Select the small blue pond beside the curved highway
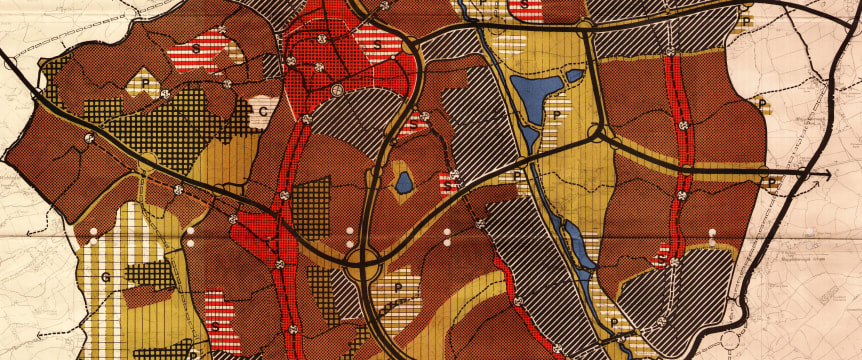pyautogui.click(x=404, y=182)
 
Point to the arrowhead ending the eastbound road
pyautogui.click(x=828, y=174)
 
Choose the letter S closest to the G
pyautogui.click(x=214, y=326)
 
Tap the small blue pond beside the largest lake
pyautogui.click(x=574, y=75)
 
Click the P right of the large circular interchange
pyautogui.click(x=400, y=286)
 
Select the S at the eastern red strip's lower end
pyautogui.click(x=660, y=258)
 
